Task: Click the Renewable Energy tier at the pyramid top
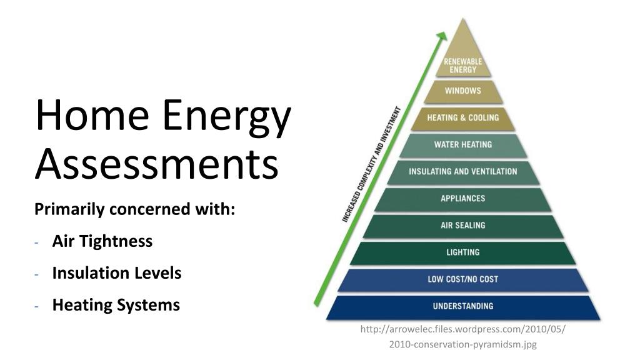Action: tap(463, 62)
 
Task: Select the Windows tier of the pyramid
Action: tap(463, 91)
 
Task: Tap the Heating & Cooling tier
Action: tap(463, 118)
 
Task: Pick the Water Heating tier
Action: tap(463, 145)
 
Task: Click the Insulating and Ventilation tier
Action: tap(463, 172)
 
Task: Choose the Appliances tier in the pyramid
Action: tap(463, 199)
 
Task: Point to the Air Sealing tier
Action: tap(463, 226)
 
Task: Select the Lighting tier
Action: tap(463, 252)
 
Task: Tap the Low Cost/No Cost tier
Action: tap(463, 279)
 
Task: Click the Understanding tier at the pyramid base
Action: tap(463, 306)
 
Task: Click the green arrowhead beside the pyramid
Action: tap(441, 36)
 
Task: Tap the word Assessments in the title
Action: tap(156, 164)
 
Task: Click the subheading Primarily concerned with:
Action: tap(134, 209)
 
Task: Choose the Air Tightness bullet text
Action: tap(102, 241)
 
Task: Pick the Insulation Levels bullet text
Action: tap(117, 273)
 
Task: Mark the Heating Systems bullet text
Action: tap(116, 305)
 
